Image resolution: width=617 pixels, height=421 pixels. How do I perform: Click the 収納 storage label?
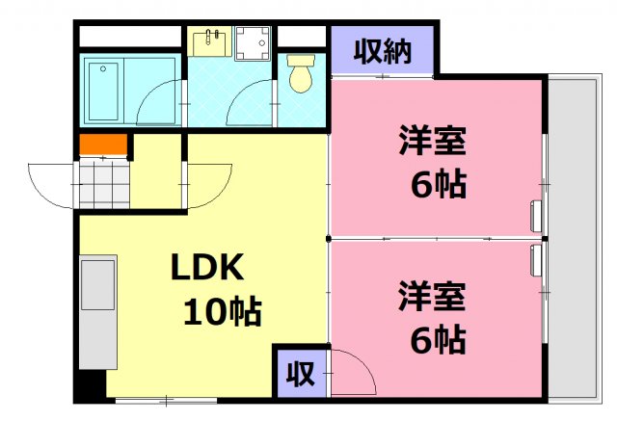(383, 50)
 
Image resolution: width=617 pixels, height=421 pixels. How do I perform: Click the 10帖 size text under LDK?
(224, 310)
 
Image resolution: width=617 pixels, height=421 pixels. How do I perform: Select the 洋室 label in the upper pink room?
(433, 142)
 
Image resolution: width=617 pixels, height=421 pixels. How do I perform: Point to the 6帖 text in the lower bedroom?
(439, 338)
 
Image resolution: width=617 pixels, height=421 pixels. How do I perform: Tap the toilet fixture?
(302, 76)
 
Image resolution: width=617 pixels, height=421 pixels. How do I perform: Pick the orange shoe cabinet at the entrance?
(103, 145)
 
